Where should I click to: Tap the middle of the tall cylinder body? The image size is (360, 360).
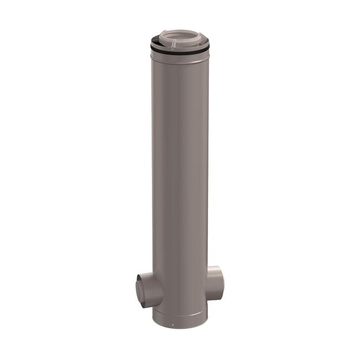[180, 174]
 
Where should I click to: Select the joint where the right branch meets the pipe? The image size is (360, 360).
[207, 283]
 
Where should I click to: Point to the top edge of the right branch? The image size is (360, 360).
[217, 268]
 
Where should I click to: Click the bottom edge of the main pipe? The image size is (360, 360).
[180, 330]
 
